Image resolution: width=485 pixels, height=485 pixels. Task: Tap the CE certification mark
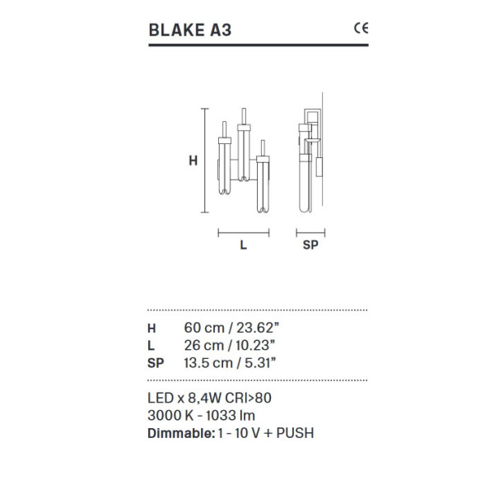[360, 27]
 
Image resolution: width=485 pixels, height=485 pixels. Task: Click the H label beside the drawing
[193, 161]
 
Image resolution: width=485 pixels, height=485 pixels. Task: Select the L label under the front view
[244, 245]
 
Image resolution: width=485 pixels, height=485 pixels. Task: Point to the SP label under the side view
[310, 245]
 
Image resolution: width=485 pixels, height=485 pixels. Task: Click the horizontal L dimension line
[244, 233]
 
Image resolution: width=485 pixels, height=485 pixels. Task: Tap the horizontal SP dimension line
[311, 233]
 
